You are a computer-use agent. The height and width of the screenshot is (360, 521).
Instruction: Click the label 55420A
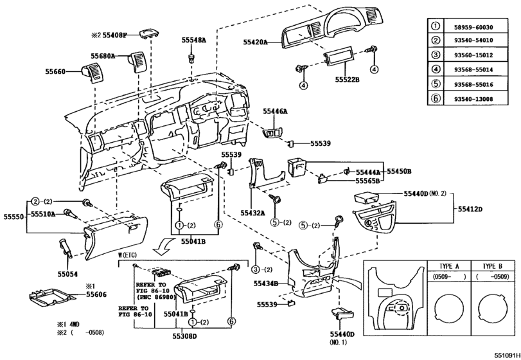pos(256,42)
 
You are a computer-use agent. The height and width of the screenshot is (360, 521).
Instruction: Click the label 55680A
pos(103,56)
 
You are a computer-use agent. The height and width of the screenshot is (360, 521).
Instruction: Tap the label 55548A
pos(193,40)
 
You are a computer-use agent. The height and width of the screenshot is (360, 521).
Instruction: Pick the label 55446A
pos(275,111)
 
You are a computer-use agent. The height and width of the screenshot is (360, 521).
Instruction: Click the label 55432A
pos(253,212)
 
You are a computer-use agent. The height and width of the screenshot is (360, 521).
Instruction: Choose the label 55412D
pos(470,209)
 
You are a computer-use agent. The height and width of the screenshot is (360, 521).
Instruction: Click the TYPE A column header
pos(448,266)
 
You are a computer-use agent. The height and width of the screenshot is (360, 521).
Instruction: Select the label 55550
pos(14,218)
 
